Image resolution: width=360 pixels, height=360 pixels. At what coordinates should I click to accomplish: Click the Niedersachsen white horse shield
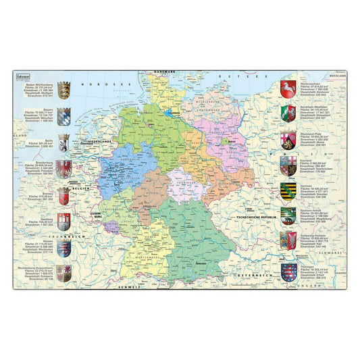pyautogui.click(x=288, y=89)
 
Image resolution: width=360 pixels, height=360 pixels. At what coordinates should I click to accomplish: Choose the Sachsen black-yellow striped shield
pyautogui.click(x=288, y=190)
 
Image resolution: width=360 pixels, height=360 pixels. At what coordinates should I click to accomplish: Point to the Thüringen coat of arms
pyautogui.click(x=288, y=267)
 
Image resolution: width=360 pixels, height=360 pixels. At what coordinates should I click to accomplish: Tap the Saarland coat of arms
pyautogui.click(x=288, y=165)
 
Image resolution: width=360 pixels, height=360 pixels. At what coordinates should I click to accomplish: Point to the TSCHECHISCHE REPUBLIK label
pyautogui.click(x=255, y=216)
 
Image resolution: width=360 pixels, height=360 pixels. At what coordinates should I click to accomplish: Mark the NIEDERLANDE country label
pyautogui.click(x=98, y=142)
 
